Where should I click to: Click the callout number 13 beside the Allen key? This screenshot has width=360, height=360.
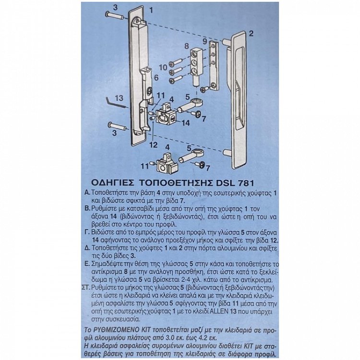(x=119, y=98)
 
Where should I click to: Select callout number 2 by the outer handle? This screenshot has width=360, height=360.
(x=252, y=34)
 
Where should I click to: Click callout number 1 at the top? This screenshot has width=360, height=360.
(x=151, y=10)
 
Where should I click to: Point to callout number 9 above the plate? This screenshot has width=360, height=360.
(x=205, y=42)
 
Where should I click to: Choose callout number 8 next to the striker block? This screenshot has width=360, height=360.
(x=187, y=46)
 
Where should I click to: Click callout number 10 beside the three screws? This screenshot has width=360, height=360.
(x=163, y=68)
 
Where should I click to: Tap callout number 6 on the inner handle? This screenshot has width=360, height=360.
(x=156, y=78)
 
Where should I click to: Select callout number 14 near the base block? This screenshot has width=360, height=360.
(x=185, y=123)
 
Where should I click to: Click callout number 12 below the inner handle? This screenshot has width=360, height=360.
(x=154, y=145)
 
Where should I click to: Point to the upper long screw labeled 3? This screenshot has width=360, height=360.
(x=114, y=16)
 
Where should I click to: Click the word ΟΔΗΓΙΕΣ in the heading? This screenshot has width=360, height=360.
(x=112, y=183)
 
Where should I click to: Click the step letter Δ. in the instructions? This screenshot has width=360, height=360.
(x=87, y=248)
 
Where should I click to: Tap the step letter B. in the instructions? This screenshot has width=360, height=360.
(x=87, y=209)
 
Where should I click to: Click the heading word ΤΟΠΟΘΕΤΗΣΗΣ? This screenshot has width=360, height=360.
(x=176, y=183)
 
